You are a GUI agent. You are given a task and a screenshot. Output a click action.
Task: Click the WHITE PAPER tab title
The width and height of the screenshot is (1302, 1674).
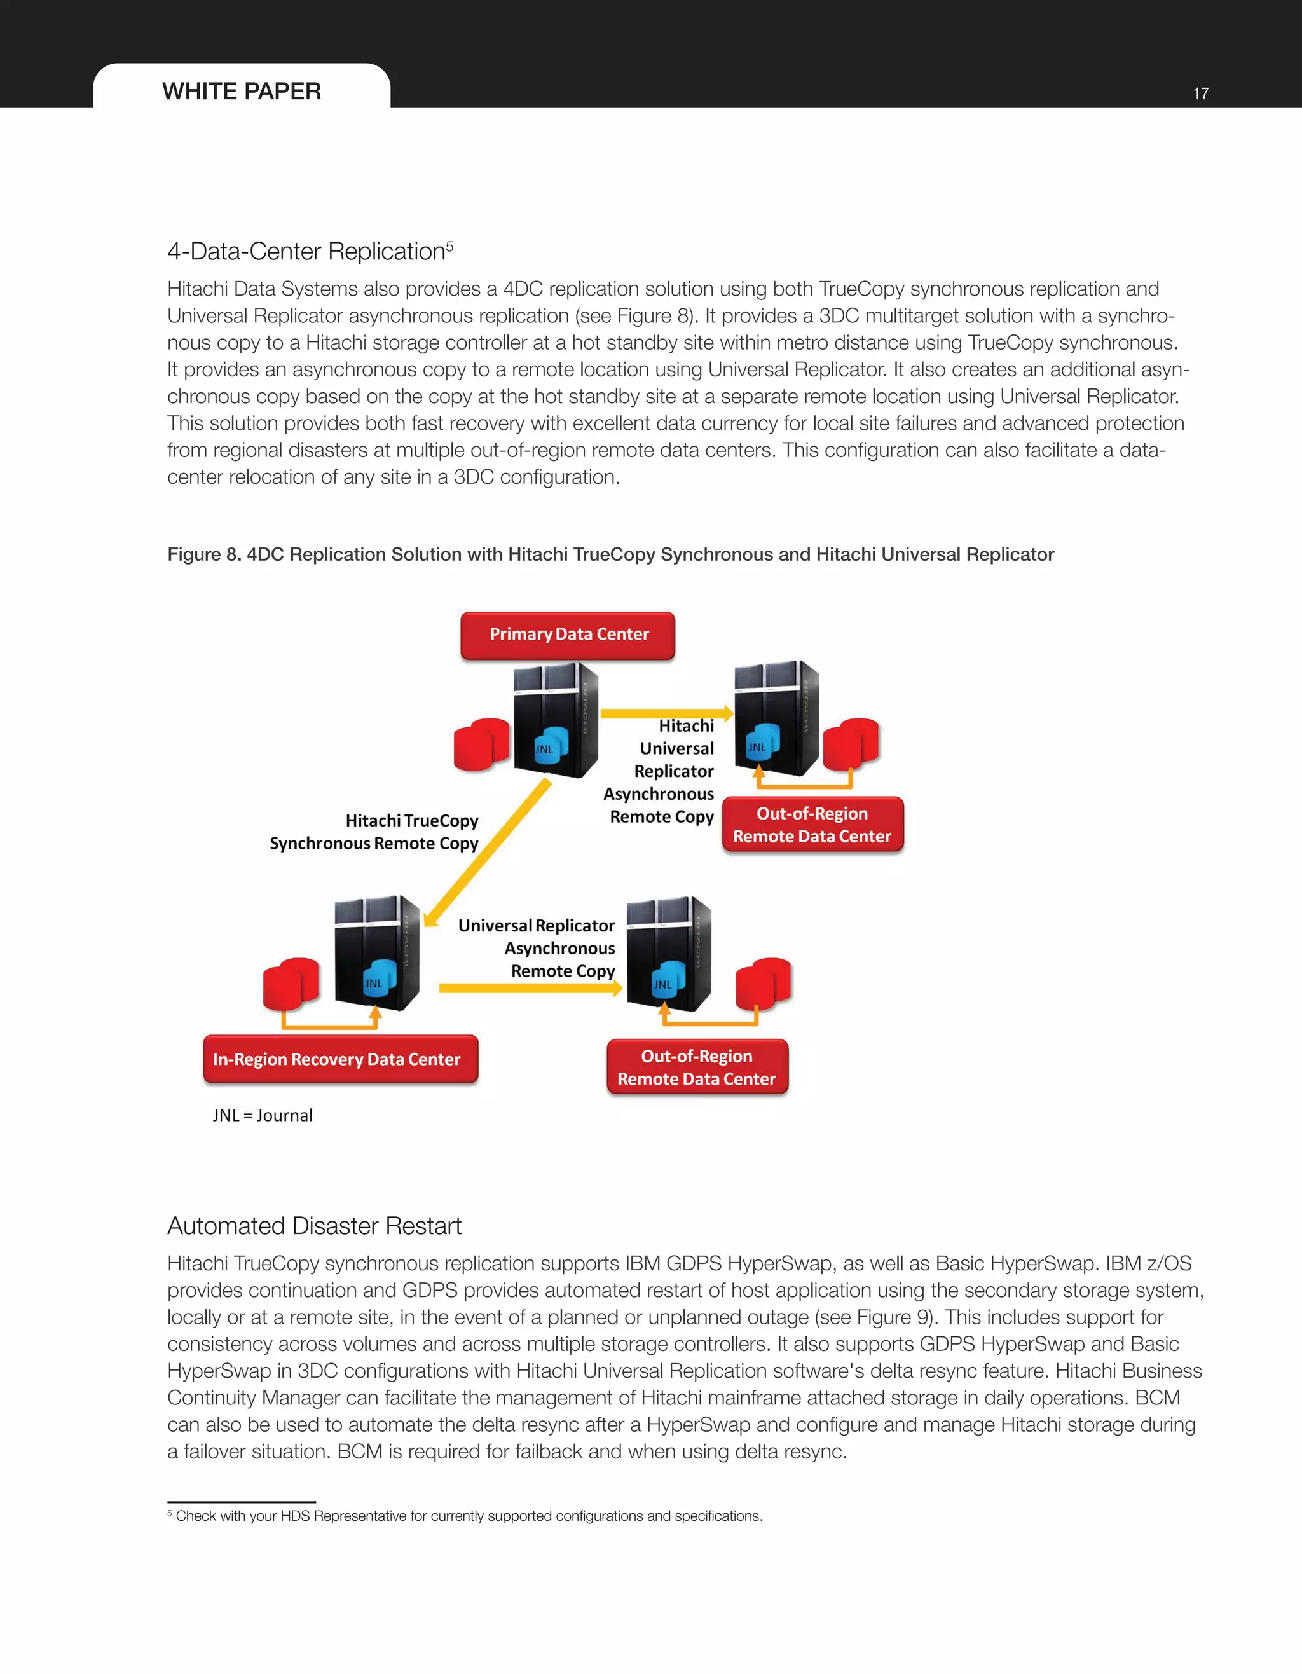(x=242, y=91)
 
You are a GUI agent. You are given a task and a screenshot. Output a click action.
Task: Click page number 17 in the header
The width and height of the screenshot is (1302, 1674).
(x=1200, y=93)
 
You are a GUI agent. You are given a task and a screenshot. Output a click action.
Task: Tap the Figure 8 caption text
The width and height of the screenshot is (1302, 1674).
(x=610, y=554)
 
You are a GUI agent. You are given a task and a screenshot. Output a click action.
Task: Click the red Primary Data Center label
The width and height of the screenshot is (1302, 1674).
(x=568, y=635)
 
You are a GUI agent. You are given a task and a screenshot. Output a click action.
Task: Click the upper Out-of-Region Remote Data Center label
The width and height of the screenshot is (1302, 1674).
(x=812, y=825)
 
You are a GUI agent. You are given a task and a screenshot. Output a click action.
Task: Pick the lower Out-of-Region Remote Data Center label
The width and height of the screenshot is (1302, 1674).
(x=697, y=1067)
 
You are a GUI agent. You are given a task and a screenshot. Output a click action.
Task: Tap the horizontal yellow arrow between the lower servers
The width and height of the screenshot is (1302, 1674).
(x=529, y=988)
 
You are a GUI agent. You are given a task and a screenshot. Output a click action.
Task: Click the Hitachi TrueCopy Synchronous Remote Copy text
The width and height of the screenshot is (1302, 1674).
(x=374, y=832)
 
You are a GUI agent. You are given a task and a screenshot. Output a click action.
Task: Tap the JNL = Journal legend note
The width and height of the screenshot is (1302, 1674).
(x=263, y=1115)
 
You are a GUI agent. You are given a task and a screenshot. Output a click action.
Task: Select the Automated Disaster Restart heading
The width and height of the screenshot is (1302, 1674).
(x=314, y=1226)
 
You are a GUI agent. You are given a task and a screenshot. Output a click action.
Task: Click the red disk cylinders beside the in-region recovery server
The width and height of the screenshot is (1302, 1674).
(x=291, y=983)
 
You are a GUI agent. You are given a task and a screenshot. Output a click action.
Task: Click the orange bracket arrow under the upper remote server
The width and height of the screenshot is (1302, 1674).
(x=805, y=784)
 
